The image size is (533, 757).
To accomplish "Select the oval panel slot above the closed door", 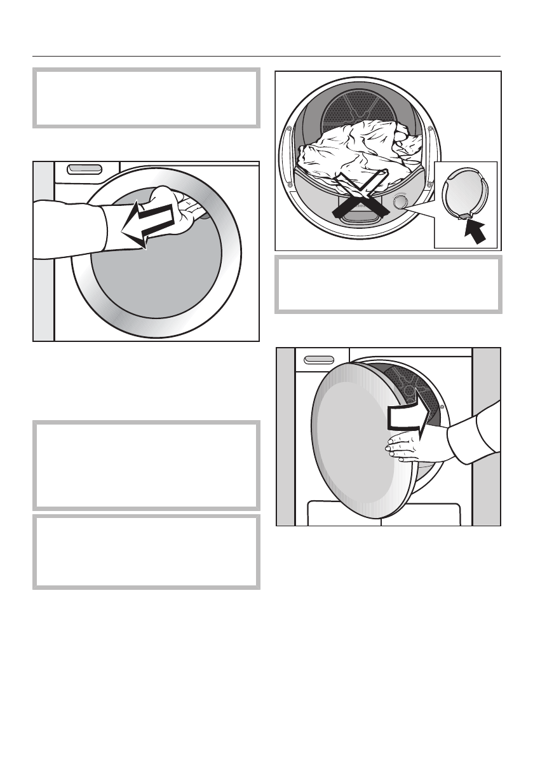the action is pos(84,169).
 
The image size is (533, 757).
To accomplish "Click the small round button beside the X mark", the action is pos(401,202).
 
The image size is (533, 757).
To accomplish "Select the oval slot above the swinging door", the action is pos(319,360).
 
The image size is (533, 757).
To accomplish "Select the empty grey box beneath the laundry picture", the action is pos(388,283).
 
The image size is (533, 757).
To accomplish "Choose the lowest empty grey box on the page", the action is pos(146,551).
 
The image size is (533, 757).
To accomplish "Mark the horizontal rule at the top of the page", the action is pos(266,55).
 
